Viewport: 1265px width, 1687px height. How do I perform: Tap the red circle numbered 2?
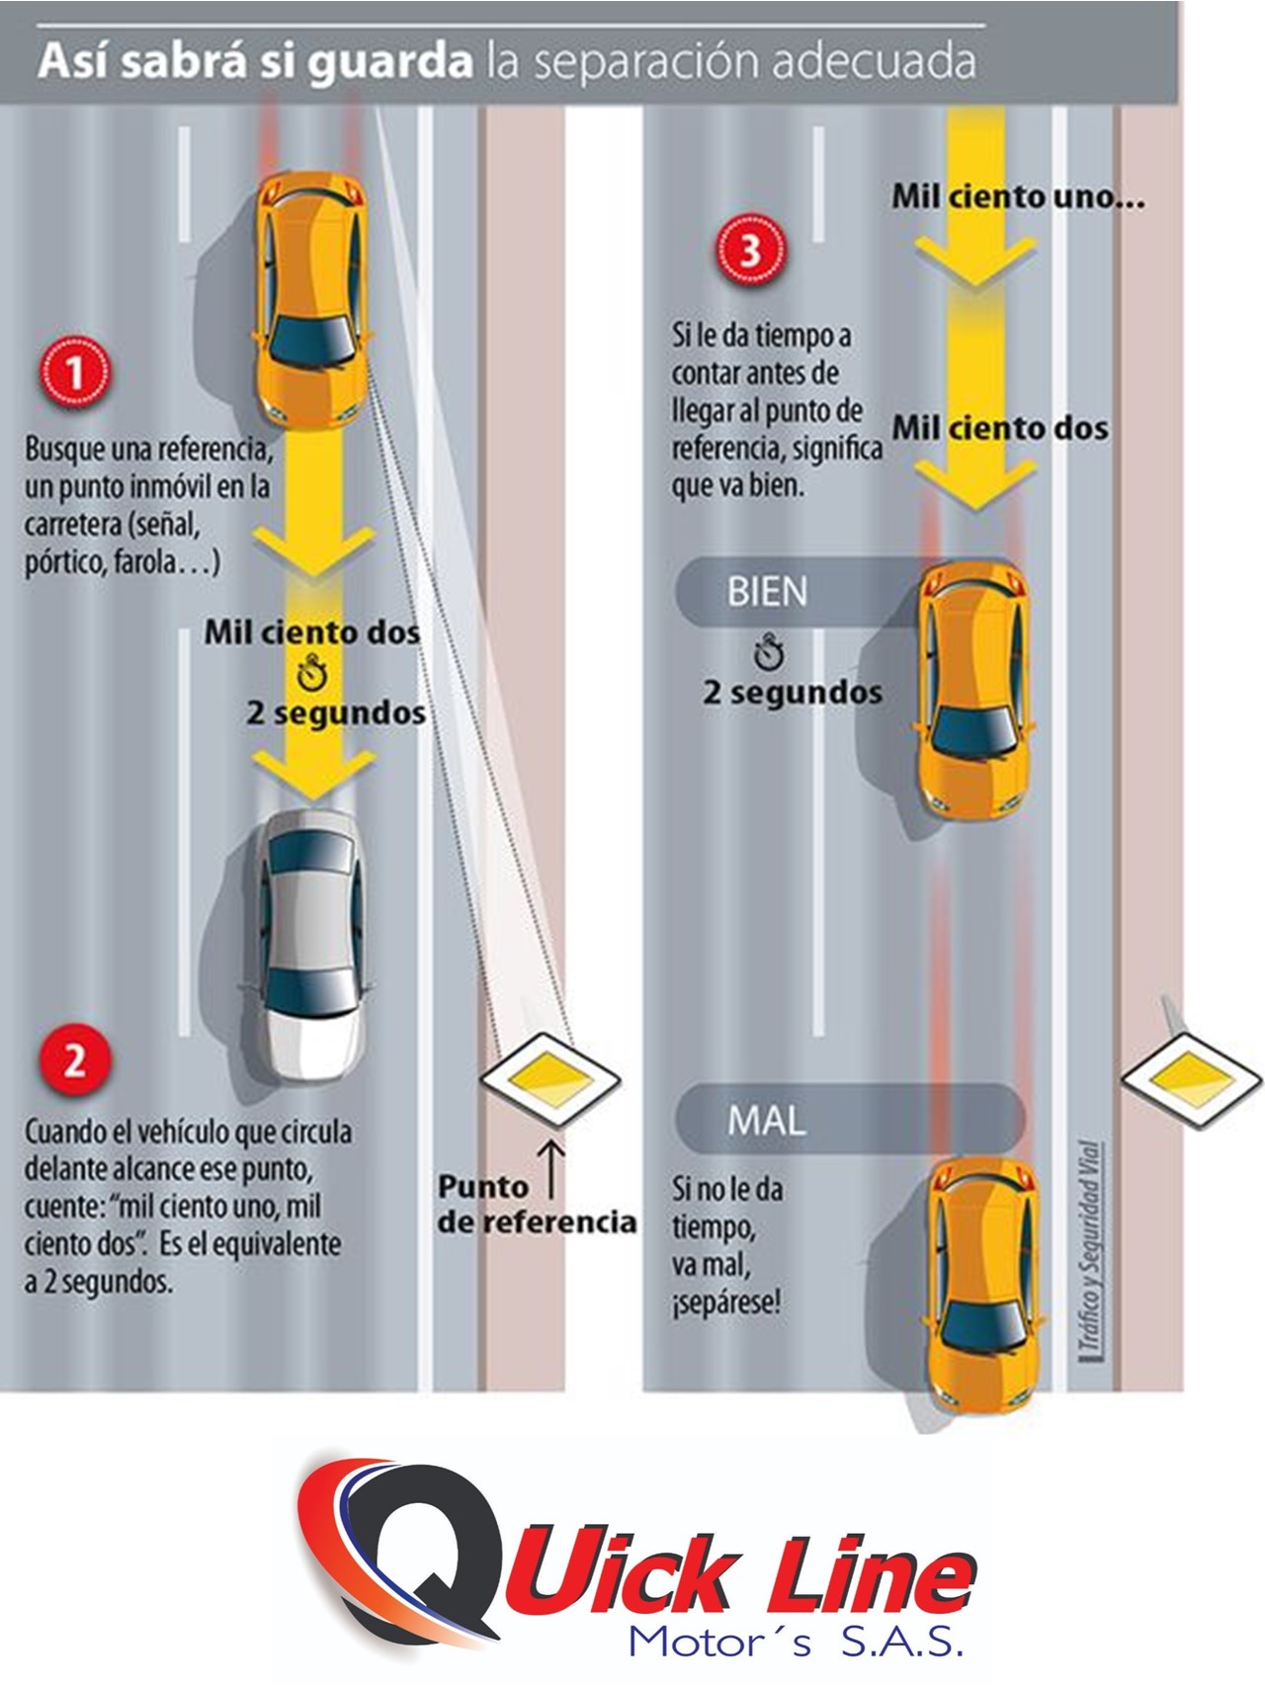(x=75, y=1061)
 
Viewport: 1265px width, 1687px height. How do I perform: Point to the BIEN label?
(x=768, y=592)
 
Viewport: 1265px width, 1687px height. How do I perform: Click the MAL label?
(x=767, y=1120)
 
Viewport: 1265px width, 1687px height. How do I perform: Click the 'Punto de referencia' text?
(x=536, y=1205)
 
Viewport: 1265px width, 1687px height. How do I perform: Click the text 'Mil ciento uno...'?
(x=1018, y=197)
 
